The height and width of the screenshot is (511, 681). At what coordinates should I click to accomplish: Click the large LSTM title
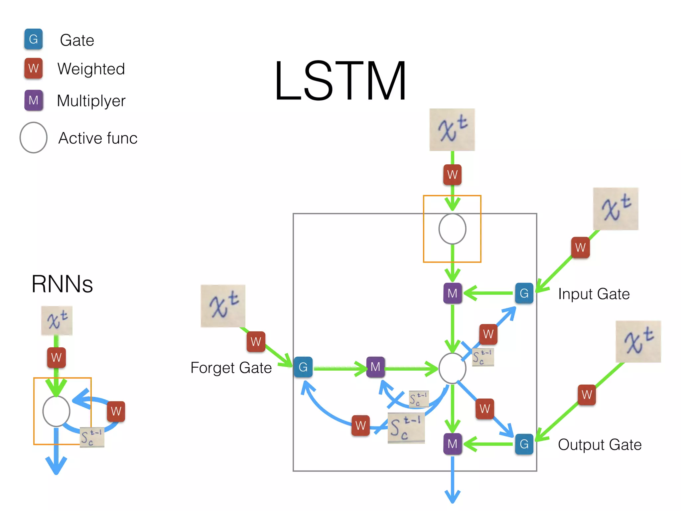pos(340,81)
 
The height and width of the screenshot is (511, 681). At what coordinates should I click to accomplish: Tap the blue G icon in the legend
pos(33,39)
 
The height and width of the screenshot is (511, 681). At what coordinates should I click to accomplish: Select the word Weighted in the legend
pos(91,69)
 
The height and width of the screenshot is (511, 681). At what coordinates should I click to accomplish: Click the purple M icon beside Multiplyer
pos(34,100)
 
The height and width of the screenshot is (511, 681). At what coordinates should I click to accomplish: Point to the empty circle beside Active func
pos(33,137)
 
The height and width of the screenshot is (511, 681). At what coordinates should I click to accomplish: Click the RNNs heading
pos(62,284)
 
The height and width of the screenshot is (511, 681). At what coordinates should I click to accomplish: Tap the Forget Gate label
pos(231,368)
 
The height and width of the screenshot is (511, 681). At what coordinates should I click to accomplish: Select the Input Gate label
pos(594,294)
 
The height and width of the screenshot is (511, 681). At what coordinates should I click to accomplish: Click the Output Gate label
pos(600,445)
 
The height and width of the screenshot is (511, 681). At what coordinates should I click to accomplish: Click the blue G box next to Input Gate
pos(524,293)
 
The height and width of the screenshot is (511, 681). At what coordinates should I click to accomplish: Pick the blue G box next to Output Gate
pos(524,444)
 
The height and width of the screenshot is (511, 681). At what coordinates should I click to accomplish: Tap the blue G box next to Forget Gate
pos(303,367)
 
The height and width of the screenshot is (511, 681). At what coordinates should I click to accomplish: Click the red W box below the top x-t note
pos(452,174)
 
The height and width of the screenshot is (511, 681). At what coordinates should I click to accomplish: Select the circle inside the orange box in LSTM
pos(452,229)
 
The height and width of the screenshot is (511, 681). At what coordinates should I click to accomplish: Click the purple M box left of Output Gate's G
pos(452,444)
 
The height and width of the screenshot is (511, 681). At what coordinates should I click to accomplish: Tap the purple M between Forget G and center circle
pos(375,367)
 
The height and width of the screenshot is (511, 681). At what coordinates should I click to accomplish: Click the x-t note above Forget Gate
pos(223,306)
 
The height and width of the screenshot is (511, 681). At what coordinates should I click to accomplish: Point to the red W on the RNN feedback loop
pos(116,411)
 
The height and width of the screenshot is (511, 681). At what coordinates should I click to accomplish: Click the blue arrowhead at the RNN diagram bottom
pos(56,466)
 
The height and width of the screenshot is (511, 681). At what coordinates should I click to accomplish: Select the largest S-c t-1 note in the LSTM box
pos(406,428)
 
